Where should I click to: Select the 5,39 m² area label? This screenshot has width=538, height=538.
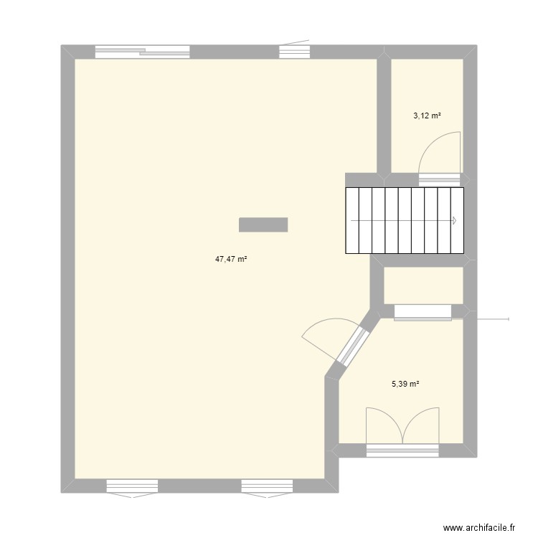pyautogui.click(x=405, y=384)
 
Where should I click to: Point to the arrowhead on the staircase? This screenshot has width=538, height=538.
pyautogui.click(x=454, y=221)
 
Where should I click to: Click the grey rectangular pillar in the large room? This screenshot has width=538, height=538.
pyautogui.click(x=263, y=225)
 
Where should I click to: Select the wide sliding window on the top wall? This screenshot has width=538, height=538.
pyautogui.click(x=143, y=52)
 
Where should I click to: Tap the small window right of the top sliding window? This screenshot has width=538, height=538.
pyautogui.click(x=294, y=52)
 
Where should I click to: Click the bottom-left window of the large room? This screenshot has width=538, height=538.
pyautogui.click(x=131, y=486)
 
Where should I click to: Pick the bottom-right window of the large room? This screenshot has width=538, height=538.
pyautogui.click(x=266, y=486)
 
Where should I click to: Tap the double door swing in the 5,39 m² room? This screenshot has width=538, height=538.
pyautogui.click(x=402, y=423)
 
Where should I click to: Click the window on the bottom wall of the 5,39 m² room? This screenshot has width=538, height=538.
pyautogui.click(x=402, y=450)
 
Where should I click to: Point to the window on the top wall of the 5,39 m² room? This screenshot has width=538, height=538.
pyautogui.click(x=423, y=311)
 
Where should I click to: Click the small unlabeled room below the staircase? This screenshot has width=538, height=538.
pyautogui.click(x=423, y=285)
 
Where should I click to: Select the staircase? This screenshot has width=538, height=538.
pyautogui.click(x=404, y=221)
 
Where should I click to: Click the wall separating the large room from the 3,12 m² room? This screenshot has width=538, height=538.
pyautogui.click(x=384, y=115)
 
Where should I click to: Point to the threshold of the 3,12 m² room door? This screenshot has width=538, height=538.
pyautogui.click(x=439, y=179)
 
